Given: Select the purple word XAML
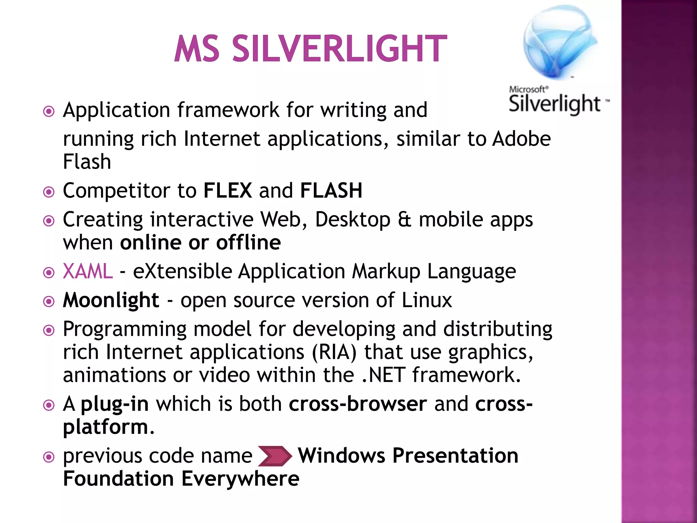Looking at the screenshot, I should pos(88,271).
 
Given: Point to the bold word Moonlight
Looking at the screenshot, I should pos(111,300).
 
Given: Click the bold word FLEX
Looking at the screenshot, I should pos(228,190).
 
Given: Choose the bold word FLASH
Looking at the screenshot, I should pos(331,190).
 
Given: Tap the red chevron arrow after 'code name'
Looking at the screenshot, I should pos(275,456).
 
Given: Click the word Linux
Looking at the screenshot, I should pos(427,300).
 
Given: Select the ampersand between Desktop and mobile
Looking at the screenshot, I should pos(404,220).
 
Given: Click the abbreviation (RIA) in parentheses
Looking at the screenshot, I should pos(334,352).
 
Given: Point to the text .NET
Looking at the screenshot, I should pos(383,375).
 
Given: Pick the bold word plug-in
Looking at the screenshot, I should pos(115,404).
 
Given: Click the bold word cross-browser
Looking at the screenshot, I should pos(358,404).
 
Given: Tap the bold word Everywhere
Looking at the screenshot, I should pos(240,479).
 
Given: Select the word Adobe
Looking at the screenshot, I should pos(521,139).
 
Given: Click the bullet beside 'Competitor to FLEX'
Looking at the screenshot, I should pos(49,192).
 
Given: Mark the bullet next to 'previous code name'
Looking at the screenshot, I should pos(49,457).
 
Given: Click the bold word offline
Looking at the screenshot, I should pos(248,243).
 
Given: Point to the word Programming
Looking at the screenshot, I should pos(125,329).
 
